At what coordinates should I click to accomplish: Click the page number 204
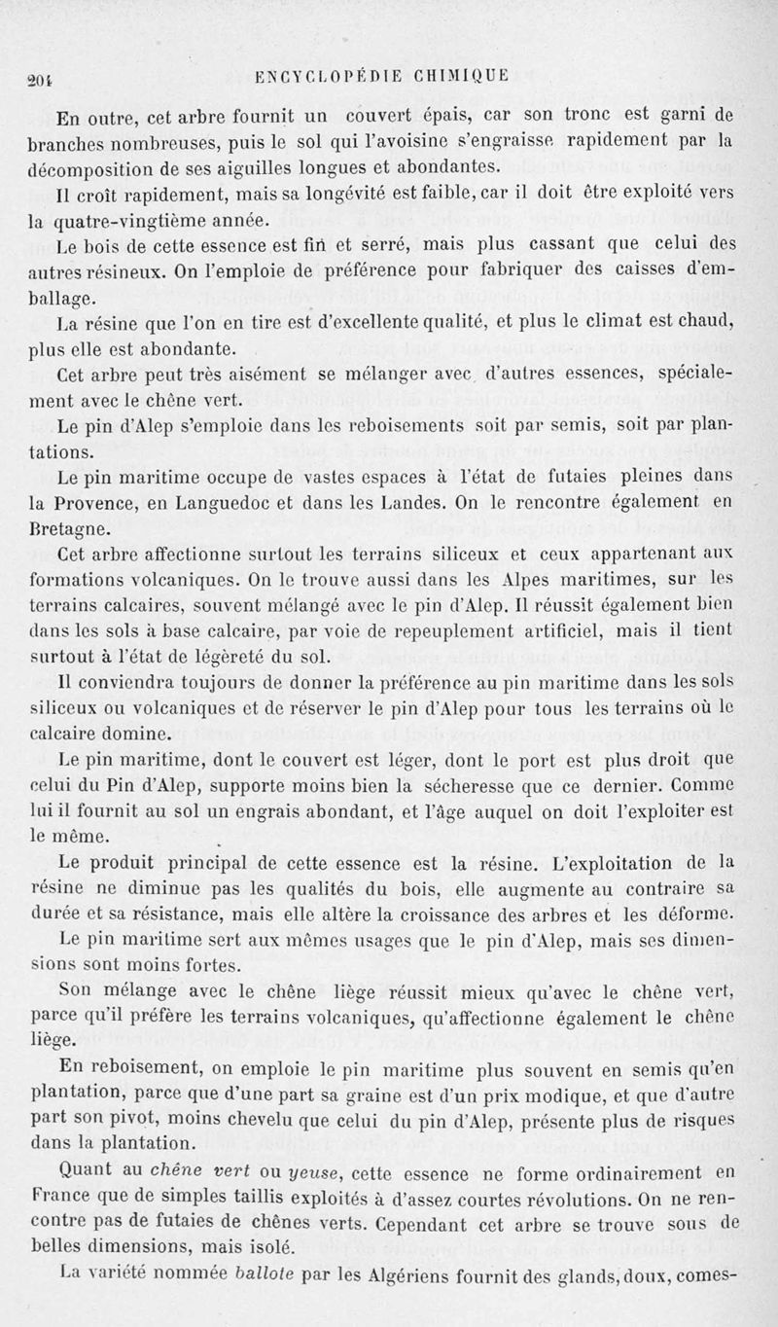pos(40,80)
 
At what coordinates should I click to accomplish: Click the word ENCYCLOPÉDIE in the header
pos(330,80)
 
